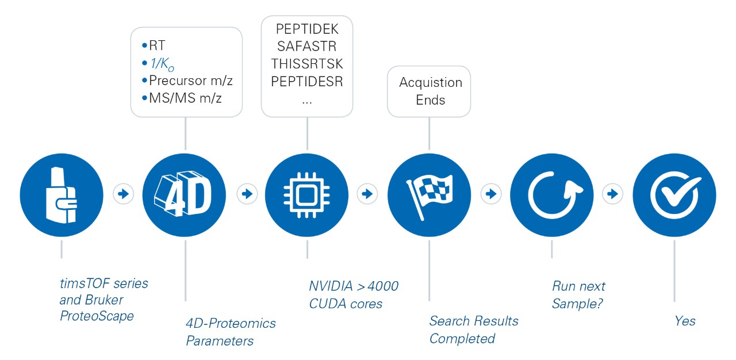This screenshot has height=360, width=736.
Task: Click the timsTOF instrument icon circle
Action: (x=62, y=194)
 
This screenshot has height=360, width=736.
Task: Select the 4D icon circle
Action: (x=185, y=194)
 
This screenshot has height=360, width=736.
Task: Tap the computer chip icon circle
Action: (x=307, y=194)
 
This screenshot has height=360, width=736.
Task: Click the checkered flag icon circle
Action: (x=430, y=194)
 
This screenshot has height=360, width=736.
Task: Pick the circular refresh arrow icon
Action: (x=552, y=194)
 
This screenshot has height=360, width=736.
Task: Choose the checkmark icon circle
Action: (x=674, y=194)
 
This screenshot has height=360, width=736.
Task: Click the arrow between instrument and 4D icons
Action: (x=123, y=194)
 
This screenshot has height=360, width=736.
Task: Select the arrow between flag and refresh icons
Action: (x=491, y=194)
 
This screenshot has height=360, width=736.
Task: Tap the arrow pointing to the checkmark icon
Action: (x=613, y=194)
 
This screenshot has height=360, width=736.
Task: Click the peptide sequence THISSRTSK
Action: (x=307, y=63)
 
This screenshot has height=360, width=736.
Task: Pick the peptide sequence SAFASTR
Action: (x=307, y=46)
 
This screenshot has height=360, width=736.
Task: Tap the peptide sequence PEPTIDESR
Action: (x=307, y=81)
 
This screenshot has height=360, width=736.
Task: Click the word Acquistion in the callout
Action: (x=430, y=82)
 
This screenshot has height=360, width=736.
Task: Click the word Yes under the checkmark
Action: (x=685, y=320)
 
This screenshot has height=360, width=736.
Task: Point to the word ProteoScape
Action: (x=97, y=316)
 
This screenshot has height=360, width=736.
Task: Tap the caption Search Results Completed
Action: (x=473, y=330)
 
